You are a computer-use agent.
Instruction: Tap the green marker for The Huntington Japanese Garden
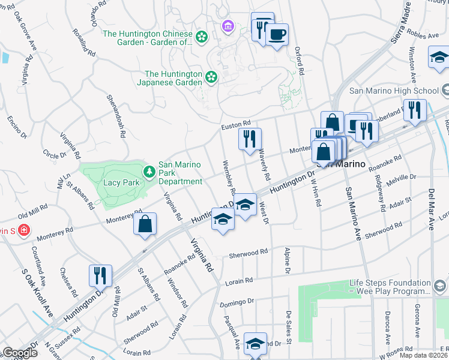(211, 76)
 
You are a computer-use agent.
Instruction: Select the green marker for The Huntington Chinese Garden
(202, 37)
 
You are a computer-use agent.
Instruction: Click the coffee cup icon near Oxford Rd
(277, 34)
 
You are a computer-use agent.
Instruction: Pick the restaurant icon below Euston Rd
(249, 139)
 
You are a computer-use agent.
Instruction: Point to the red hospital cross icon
(23, 230)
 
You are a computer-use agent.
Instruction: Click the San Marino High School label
(394, 91)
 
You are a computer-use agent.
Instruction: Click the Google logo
(20, 353)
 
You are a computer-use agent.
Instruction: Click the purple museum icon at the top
(228, 26)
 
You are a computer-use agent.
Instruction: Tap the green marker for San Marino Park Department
(149, 172)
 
